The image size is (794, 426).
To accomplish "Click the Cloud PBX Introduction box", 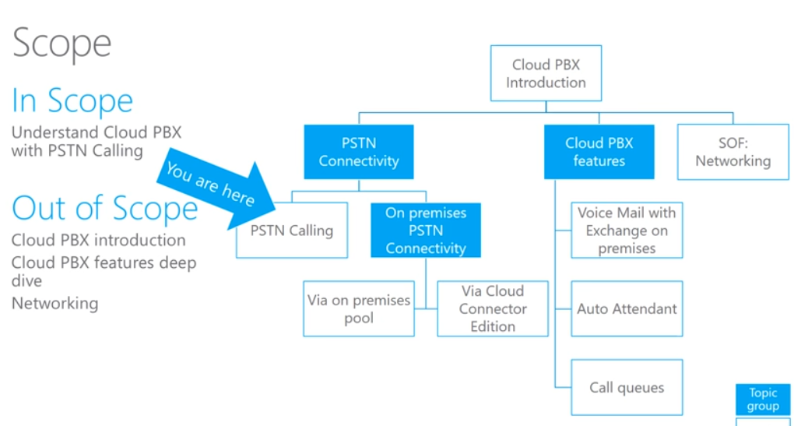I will (546, 74).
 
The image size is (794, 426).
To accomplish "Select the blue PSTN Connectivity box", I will (358, 152).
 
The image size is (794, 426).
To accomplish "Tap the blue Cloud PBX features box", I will (599, 152).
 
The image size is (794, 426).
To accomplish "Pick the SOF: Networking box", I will (733, 152).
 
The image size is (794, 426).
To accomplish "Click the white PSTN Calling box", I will (292, 231).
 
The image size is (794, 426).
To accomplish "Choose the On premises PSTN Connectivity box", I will (426, 231).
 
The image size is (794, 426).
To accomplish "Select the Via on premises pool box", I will (359, 309).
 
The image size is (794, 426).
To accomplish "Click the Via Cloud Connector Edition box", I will (493, 309).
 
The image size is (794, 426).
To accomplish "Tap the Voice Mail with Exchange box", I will (627, 231).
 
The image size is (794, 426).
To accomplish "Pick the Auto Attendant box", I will (627, 309).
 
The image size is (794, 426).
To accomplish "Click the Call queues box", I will (627, 387).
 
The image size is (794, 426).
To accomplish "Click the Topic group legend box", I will (763, 400).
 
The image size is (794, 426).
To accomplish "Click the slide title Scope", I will (62, 44).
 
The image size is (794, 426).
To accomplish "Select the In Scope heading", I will (72, 101).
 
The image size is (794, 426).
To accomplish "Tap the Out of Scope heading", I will (105, 209).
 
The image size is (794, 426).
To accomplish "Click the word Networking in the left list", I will (54, 304).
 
